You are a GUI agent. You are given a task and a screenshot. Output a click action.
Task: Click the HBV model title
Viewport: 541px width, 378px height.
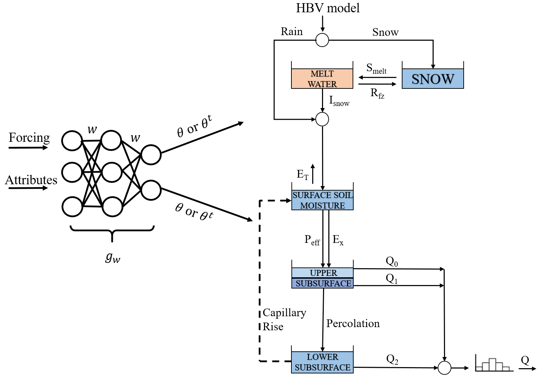pos(328,8)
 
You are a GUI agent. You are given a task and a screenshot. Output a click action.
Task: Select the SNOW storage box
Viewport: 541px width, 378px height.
pos(433,79)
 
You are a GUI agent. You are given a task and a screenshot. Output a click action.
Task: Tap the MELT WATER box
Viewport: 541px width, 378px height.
pos(322,79)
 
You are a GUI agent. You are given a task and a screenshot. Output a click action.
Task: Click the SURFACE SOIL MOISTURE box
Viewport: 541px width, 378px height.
pos(322,200)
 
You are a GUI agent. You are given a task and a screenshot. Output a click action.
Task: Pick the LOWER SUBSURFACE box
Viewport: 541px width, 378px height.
pos(322,362)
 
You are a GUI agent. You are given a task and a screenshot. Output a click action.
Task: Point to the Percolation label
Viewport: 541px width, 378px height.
pos(353,324)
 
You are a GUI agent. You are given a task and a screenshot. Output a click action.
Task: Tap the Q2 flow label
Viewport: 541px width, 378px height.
pos(392,359)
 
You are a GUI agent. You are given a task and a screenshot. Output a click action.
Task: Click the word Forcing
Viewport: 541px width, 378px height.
pos(29,138)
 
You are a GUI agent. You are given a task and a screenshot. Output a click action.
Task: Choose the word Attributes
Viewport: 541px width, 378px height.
pos(31,180)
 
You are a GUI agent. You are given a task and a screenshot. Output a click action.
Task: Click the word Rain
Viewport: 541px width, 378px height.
pos(292,32)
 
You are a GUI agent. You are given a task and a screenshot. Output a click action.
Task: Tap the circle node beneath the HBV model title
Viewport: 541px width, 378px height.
pos(322,40)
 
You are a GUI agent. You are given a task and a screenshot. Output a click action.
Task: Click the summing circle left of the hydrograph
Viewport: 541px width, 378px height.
pos(444,368)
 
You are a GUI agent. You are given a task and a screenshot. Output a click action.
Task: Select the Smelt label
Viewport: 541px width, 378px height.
pos(376,68)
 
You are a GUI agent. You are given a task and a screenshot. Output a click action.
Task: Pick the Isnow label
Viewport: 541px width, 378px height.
pos(339,101)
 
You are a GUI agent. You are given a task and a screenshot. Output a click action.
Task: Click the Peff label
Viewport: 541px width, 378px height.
pos(312,240)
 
